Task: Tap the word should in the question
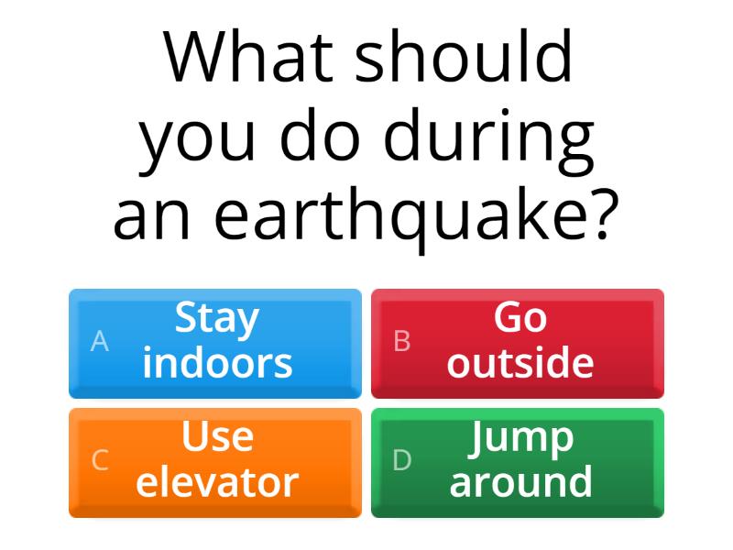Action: tap(465, 57)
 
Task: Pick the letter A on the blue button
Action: tap(100, 342)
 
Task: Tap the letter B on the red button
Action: tap(401, 342)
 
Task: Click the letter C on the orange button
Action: tap(100, 460)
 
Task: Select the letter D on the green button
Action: tap(401, 460)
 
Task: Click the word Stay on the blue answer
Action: tap(217, 319)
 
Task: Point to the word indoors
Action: tap(217, 363)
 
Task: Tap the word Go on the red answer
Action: tap(520, 319)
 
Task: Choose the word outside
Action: tap(520, 363)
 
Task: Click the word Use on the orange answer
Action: tap(217, 437)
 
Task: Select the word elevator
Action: tap(217, 482)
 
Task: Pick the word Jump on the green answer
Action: tap(520, 439)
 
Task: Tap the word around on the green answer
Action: tap(520, 482)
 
